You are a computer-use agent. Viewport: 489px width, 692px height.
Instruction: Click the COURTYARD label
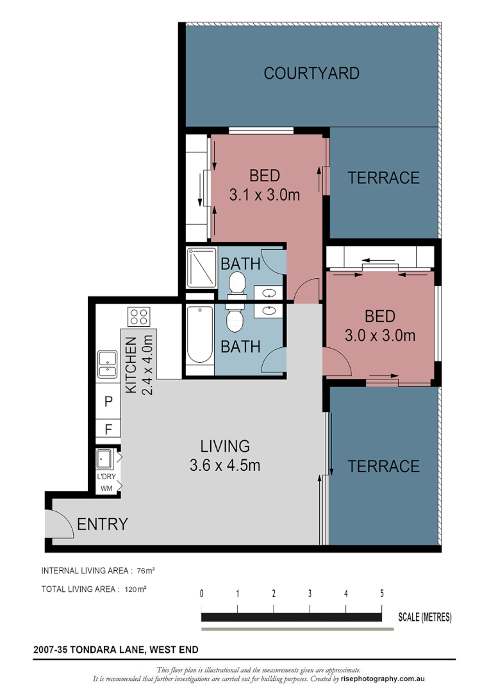coord(311,73)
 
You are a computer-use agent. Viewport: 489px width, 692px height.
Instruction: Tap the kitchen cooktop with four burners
coord(138,317)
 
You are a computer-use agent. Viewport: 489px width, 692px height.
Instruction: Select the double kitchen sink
coord(107,365)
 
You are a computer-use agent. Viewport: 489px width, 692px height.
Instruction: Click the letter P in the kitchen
coord(108,402)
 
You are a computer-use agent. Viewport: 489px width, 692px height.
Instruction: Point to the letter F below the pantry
coord(108,429)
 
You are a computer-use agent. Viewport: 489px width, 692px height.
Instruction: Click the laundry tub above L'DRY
coord(104,459)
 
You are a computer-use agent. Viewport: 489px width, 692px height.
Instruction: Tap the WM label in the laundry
coord(106,488)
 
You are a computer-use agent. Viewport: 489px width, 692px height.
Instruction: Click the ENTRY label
coord(103,524)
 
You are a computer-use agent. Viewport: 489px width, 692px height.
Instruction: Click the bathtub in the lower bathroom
coord(199,334)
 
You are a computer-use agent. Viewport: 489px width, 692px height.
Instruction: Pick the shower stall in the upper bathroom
coord(202,268)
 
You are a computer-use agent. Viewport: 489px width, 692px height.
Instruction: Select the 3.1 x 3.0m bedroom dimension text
coord(264,195)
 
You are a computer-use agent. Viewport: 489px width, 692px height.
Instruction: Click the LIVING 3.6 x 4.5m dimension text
coord(225,465)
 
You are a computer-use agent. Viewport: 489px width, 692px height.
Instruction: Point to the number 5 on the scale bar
coord(382,593)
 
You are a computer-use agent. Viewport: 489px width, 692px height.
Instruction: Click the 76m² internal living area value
coord(145,571)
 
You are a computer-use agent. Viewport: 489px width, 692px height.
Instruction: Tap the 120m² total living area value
coord(135,589)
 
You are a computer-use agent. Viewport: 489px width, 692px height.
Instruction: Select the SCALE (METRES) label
coord(424,617)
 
